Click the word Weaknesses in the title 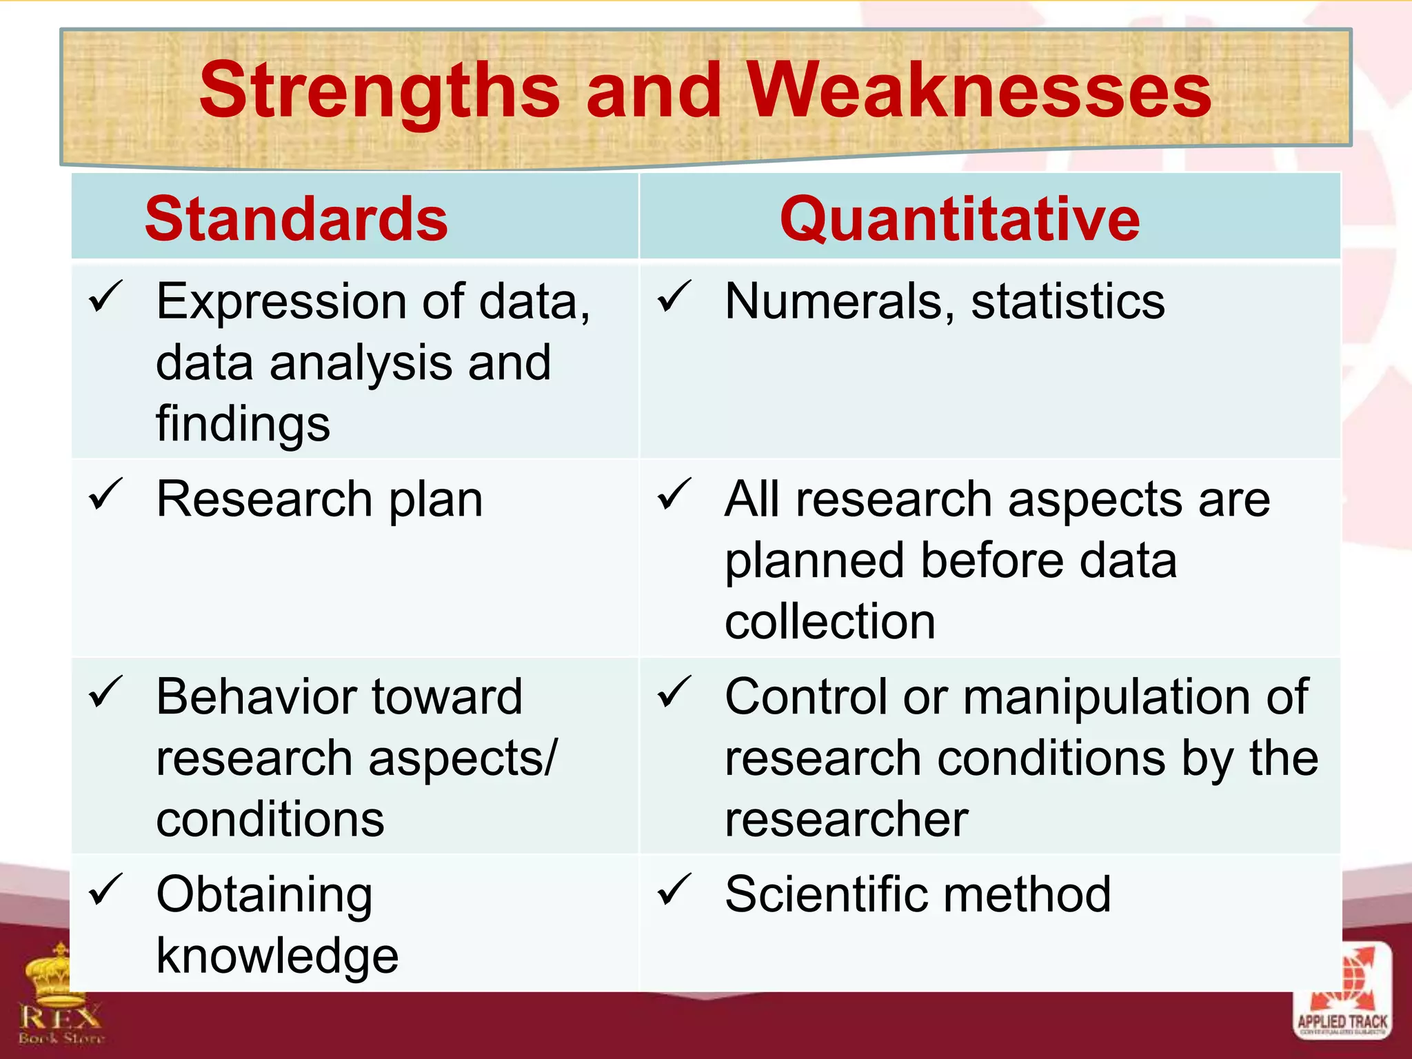[x=979, y=91]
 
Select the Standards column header [x=296, y=219]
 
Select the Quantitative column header [x=960, y=219]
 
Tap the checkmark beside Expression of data [x=106, y=297]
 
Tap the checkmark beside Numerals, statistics [x=674, y=297]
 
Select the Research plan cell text [x=319, y=499]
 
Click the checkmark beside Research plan [x=106, y=495]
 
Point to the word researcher [x=847, y=820]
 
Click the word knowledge [x=277, y=956]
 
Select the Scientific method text [x=918, y=895]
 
